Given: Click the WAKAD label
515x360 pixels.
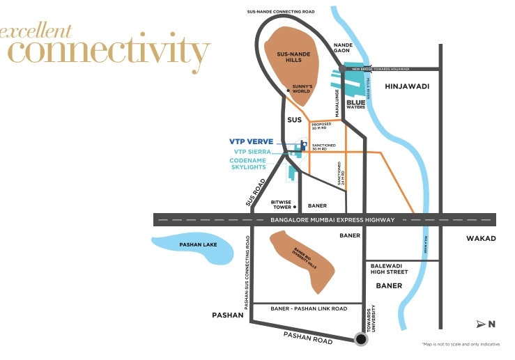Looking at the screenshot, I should [x=481, y=238].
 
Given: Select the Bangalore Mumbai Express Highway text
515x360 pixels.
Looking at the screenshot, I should [x=332, y=220].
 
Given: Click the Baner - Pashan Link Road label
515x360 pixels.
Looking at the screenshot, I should [x=309, y=308].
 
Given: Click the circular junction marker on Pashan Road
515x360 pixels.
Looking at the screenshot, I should [x=361, y=339].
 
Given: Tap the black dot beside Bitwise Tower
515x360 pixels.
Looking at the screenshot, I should [x=296, y=207].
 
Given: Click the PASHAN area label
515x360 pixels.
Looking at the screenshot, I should [x=227, y=315].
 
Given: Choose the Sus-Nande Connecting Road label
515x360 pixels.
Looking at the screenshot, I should [x=281, y=12].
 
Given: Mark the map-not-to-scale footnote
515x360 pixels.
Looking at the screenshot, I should [x=461, y=344].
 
